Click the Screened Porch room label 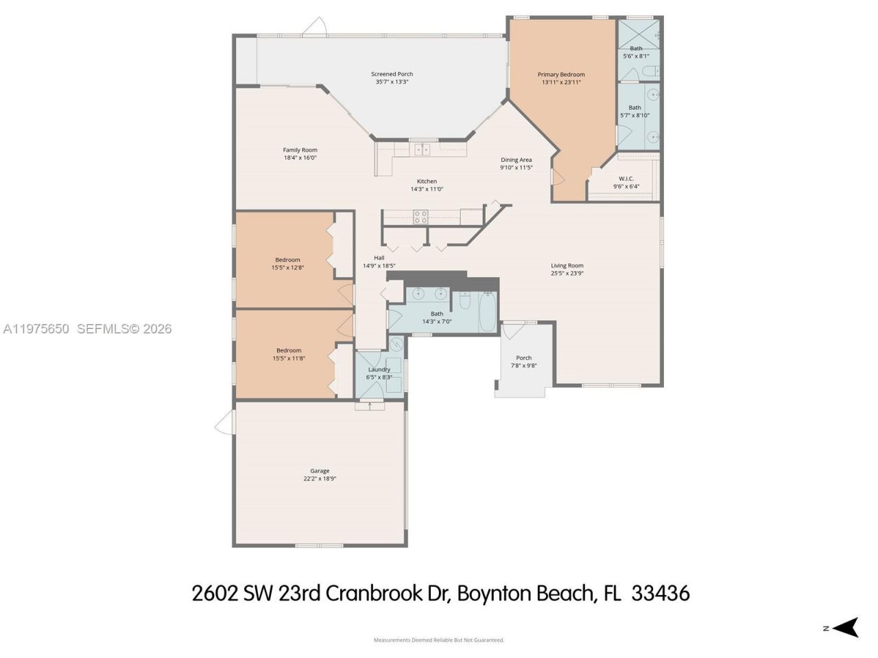click(392, 74)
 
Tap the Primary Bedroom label click(561, 75)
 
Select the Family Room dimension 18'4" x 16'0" click(300, 158)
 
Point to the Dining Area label click(516, 160)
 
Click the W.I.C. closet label click(626, 179)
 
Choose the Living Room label click(567, 265)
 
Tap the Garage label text click(320, 471)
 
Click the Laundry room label click(379, 369)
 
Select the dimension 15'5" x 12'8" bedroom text click(287, 267)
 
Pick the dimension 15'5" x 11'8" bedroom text click(288, 358)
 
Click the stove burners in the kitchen click(420, 217)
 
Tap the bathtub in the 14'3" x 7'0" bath click(488, 312)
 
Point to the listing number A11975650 click(36, 329)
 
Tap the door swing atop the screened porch click(314, 27)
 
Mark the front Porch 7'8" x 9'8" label click(524, 362)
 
